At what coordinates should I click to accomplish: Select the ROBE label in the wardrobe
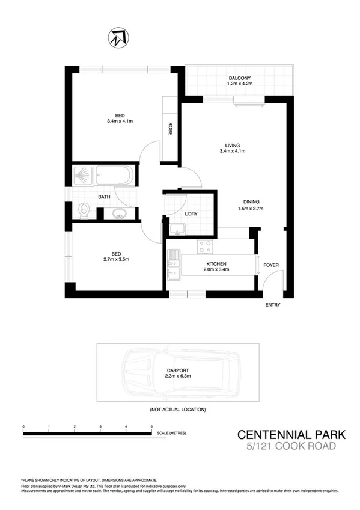point(171,129)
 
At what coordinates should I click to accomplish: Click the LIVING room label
point(233,145)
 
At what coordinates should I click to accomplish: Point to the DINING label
point(251,201)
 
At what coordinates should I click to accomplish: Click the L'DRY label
point(191,214)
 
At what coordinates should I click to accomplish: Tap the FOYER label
point(272,265)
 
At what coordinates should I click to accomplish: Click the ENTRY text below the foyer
point(273,305)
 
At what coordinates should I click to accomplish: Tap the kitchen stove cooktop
point(204,246)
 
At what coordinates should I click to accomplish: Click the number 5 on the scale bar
point(151,426)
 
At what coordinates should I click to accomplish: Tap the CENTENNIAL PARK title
point(285,434)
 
